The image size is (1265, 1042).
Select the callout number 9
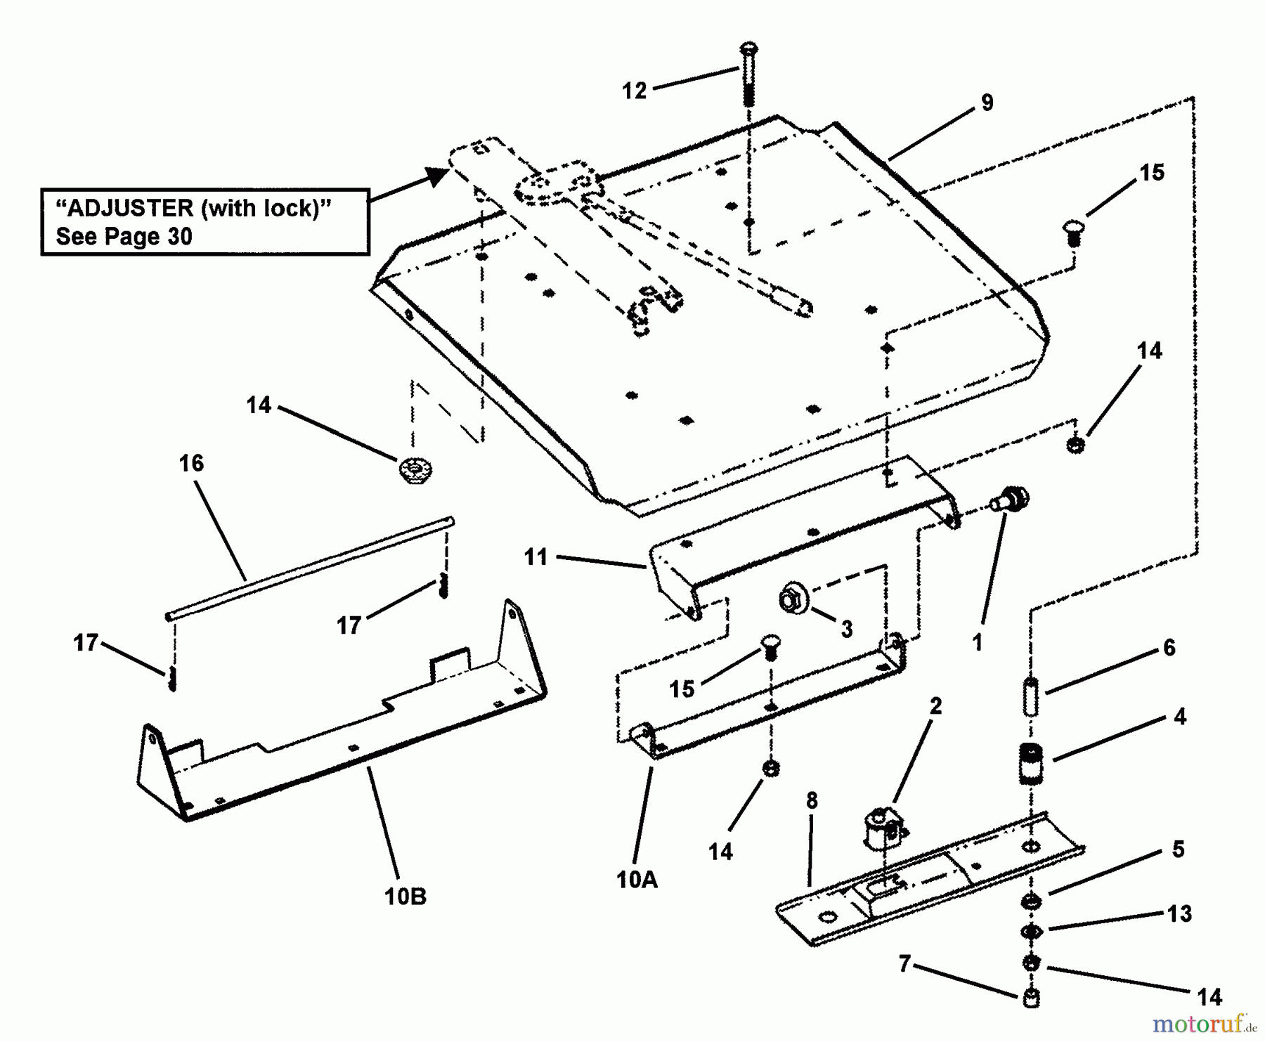click(x=987, y=103)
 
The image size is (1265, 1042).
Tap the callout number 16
click(x=191, y=464)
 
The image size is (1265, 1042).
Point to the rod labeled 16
click(x=309, y=569)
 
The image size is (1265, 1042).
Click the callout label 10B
click(x=406, y=897)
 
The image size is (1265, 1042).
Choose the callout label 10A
click(x=637, y=880)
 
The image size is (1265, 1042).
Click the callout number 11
click(x=536, y=557)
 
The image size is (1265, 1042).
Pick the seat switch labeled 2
click(x=882, y=829)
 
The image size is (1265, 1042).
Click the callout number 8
click(x=812, y=800)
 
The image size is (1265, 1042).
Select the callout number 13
click(x=1179, y=913)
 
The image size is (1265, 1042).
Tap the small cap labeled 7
click(x=1031, y=998)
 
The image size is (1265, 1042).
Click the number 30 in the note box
click(x=180, y=237)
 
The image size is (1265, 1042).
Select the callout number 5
click(x=1178, y=849)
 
